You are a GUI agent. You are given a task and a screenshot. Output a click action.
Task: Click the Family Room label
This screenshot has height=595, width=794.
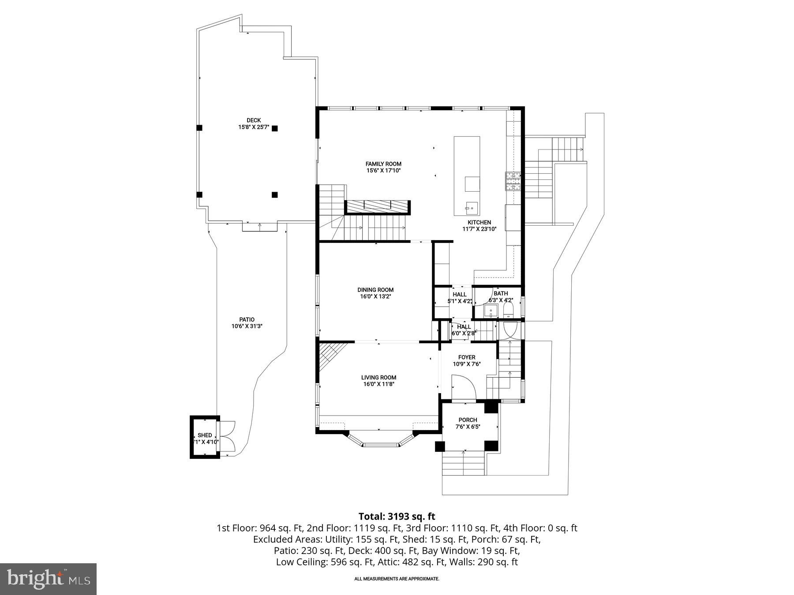[x=383, y=164]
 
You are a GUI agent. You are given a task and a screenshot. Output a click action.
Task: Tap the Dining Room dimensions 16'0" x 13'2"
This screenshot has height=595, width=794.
[x=376, y=297]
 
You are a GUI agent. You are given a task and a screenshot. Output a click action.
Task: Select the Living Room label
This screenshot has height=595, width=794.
[x=378, y=377]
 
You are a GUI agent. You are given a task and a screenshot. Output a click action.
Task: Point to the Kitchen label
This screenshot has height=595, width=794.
[x=479, y=223]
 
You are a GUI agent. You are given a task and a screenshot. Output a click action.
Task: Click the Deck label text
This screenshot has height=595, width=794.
[x=254, y=120]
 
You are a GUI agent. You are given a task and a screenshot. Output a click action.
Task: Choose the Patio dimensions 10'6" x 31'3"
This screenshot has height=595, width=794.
[x=247, y=327]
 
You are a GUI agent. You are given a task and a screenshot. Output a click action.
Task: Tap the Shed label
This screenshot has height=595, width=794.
[x=205, y=435]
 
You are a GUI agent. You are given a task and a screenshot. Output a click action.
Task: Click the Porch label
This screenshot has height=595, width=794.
[x=468, y=420]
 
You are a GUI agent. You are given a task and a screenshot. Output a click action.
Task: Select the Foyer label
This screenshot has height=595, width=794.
[x=467, y=357]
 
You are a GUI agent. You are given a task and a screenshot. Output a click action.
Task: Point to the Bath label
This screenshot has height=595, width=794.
[x=501, y=294]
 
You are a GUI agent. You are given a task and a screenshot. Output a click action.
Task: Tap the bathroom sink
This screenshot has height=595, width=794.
[x=491, y=311]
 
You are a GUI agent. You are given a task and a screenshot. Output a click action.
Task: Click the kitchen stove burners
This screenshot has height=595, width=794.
[x=513, y=181]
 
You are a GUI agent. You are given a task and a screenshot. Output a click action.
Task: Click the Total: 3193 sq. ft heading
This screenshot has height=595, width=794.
[x=397, y=517]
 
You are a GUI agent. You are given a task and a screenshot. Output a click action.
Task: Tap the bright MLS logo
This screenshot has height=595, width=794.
[x=48, y=579]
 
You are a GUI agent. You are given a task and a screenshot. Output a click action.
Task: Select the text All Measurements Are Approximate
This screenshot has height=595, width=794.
[x=397, y=579]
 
